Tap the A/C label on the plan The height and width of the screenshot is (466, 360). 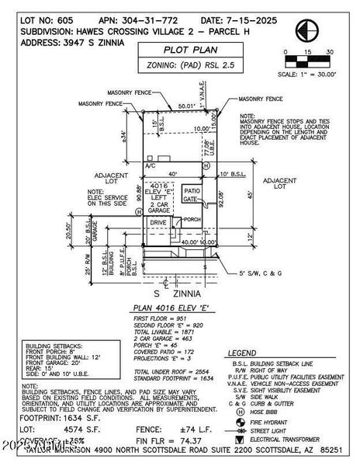tap(151, 166)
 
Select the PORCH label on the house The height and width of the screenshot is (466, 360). tap(193, 218)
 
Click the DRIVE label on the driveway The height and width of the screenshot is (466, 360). tap(158, 222)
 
